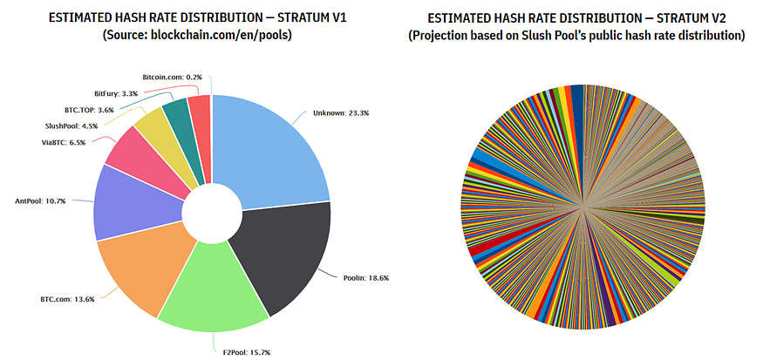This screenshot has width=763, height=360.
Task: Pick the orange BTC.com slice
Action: coord(140,270)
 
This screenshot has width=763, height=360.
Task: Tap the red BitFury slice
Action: coord(200,111)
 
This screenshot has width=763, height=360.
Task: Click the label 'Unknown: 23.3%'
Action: coord(329,112)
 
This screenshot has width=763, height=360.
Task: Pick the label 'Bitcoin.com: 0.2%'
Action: coord(172,77)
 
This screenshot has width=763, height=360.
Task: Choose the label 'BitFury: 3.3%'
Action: coord(116,93)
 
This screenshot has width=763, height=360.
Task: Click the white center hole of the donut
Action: coord(213,212)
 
